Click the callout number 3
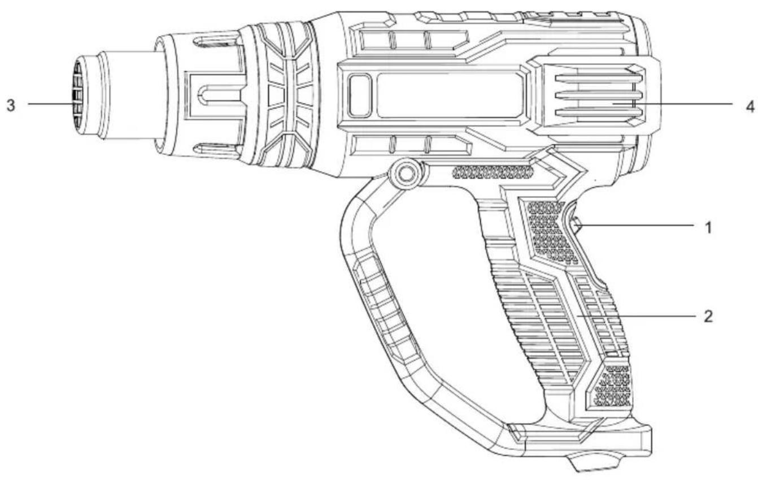coord(11,106)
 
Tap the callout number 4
coord(750,106)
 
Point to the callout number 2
coord(708,317)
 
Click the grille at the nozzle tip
coord(77,98)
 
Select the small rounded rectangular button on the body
coord(360,96)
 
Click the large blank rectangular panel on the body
coord(450,96)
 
